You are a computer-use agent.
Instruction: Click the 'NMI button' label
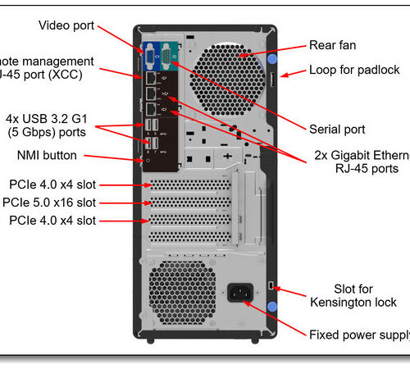pyautogui.click(x=47, y=154)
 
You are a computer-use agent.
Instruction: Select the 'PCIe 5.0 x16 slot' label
pyautogui.click(x=60, y=202)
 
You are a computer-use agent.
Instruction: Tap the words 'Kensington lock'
pyautogui.click(x=353, y=303)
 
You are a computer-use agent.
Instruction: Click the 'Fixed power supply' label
pyautogui.click(x=358, y=335)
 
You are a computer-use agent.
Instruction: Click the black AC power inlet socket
pyautogui.click(x=239, y=293)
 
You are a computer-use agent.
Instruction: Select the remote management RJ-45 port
pyautogui.click(x=152, y=77)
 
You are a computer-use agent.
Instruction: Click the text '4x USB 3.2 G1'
pyautogui.click(x=53, y=117)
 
